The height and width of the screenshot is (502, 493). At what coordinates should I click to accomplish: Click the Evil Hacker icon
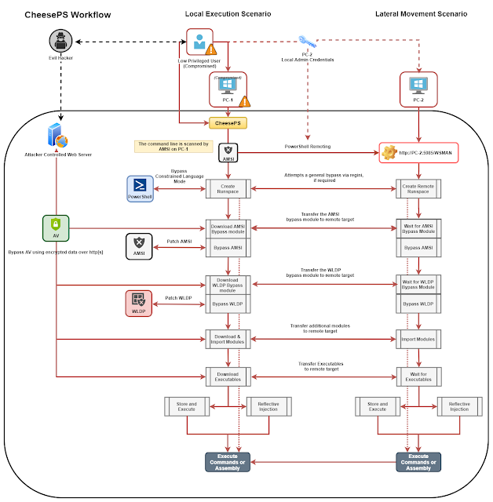click(x=60, y=41)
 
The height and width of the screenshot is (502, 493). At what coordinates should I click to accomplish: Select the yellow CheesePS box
click(x=228, y=123)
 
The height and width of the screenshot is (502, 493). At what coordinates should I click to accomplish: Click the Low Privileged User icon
click(x=199, y=42)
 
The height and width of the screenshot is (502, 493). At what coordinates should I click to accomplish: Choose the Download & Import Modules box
click(x=228, y=339)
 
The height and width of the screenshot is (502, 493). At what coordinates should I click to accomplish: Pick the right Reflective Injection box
click(x=460, y=406)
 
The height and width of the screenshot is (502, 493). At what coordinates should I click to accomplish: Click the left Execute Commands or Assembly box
click(x=228, y=463)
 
